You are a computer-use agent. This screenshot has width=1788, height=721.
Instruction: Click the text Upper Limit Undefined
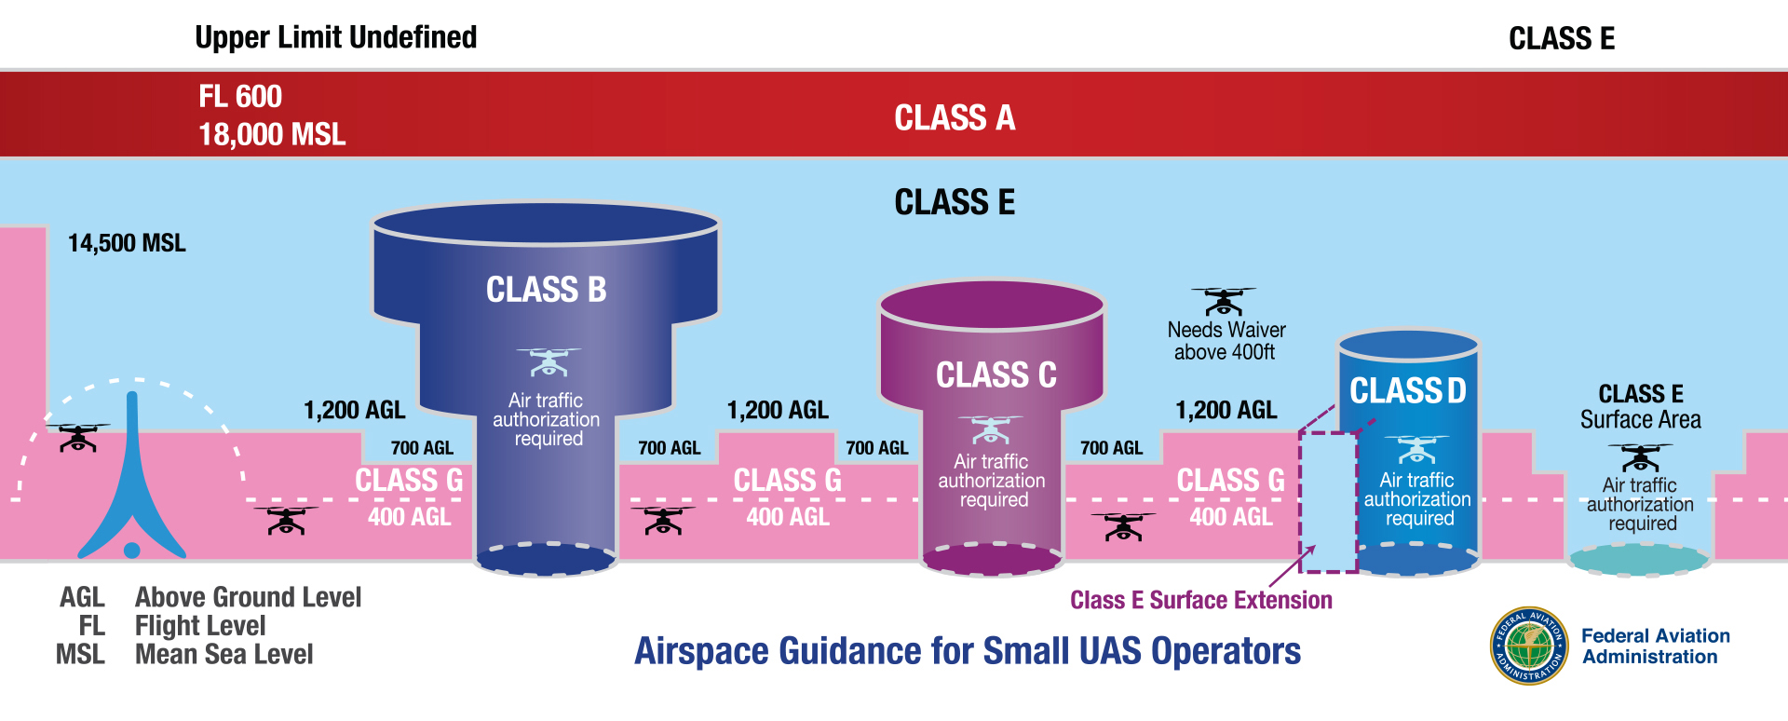[335, 37]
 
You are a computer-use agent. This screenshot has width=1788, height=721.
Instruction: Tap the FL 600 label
[240, 97]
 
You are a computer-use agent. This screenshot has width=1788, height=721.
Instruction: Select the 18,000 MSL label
[272, 135]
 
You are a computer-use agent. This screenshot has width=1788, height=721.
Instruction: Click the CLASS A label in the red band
[955, 118]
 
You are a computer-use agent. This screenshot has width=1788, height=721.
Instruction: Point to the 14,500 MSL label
[127, 243]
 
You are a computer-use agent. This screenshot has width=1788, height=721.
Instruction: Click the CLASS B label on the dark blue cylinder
[546, 290]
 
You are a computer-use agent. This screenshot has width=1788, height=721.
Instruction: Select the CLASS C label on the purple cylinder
[996, 375]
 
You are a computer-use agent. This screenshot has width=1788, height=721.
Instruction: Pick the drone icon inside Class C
[990, 429]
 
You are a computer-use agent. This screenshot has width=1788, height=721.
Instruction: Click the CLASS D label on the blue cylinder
[1408, 391]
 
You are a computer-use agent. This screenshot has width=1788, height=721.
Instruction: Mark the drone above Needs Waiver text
[1224, 301]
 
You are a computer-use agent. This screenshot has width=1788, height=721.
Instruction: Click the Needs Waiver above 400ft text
[1226, 341]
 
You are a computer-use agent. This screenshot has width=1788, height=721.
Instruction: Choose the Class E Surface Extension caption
[1200, 600]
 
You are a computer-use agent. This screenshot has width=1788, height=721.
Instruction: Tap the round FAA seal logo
[1529, 646]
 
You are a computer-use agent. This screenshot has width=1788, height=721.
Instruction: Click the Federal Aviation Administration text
[1655, 646]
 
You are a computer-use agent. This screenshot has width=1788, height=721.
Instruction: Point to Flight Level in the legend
[200, 626]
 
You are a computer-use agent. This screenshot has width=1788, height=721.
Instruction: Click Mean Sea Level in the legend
[223, 655]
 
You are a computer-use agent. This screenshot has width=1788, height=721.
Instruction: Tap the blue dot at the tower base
[132, 550]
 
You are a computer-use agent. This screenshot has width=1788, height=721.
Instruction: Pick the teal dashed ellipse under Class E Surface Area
[1639, 560]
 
